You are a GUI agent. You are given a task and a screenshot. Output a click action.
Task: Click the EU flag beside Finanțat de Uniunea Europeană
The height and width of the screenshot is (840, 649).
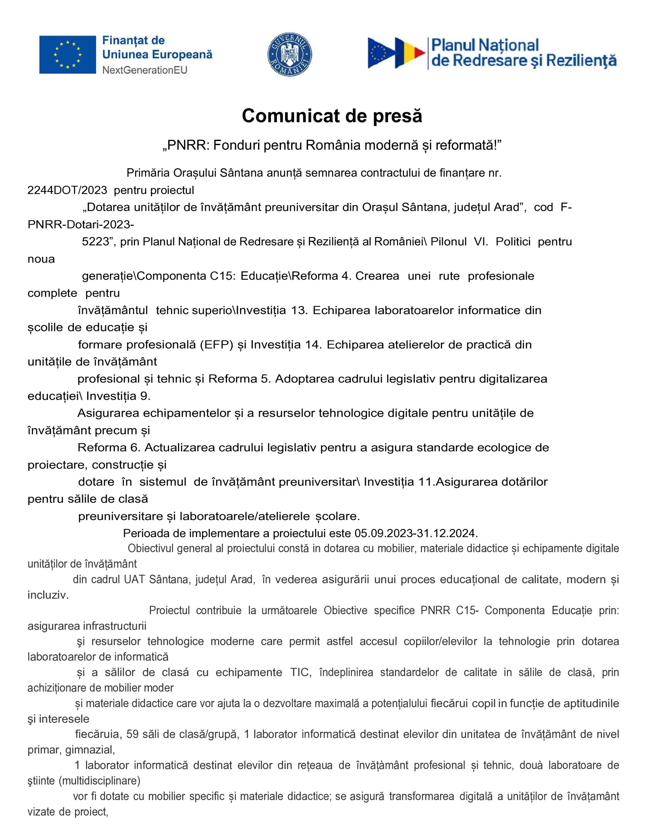point(67,54)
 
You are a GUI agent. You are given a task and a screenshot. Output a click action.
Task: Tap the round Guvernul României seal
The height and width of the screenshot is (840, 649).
point(289,54)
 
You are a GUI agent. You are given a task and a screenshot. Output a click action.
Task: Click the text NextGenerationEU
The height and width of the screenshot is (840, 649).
point(145,70)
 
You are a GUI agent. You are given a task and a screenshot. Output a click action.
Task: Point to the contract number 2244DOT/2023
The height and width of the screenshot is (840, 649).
point(67,190)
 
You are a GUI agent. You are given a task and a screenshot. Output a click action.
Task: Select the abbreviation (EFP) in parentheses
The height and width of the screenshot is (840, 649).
point(217,345)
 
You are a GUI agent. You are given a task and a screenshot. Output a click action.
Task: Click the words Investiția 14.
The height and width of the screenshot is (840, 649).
point(286,345)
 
